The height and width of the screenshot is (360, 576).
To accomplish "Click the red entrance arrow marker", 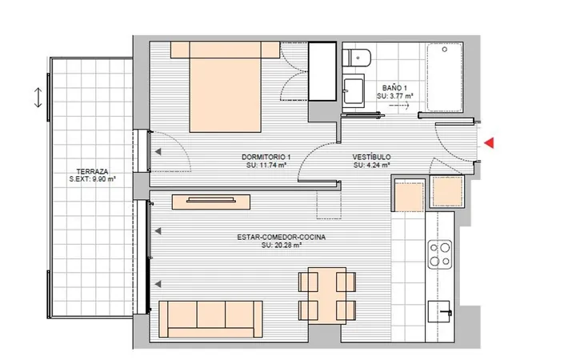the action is pyautogui.click(x=490, y=143).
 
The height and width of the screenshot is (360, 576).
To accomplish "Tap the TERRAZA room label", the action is pyautogui.click(x=92, y=171).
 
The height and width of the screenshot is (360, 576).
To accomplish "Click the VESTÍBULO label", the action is pyautogui.click(x=372, y=158).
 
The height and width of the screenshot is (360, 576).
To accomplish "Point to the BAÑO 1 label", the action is pyautogui.click(x=394, y=88).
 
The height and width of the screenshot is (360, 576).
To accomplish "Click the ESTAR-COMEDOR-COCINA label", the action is pyautogui.click(x=282, y=238).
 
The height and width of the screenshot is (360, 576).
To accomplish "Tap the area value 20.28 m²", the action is pyautogui.click(x=287, y=245).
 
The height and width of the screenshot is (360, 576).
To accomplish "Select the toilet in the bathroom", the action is pyautogui.click(x=357, y=58).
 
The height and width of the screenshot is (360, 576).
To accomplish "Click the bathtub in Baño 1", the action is pyautogui.click(x=445, y=77).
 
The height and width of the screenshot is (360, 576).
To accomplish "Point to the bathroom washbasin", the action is pyautogui.click(x=354, y=91).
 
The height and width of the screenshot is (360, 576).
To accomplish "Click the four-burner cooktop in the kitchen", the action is pyautogui.click(x=440, y=254).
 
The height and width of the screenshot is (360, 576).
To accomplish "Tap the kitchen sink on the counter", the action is pyautogui.click(x=439, y=312).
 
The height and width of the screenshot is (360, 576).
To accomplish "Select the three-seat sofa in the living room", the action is pyautogui.click(x=210, y=319).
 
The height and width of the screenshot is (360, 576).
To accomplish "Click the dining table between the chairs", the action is pyautogui.click(x=327, y=296).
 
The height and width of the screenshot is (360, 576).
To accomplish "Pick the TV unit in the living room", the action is pyautogui.click(x=211, y=202).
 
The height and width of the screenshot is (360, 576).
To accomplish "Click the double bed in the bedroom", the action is pyautogui.click(x=225, y=86).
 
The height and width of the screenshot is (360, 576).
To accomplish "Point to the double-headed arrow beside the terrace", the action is pyautogui.click(x=38, y=98).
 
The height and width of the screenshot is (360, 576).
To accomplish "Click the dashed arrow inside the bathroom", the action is pyautogui.click(x=399, y=106).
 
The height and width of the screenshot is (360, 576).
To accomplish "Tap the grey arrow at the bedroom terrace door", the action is pyautogui.click(x=158, y=151).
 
